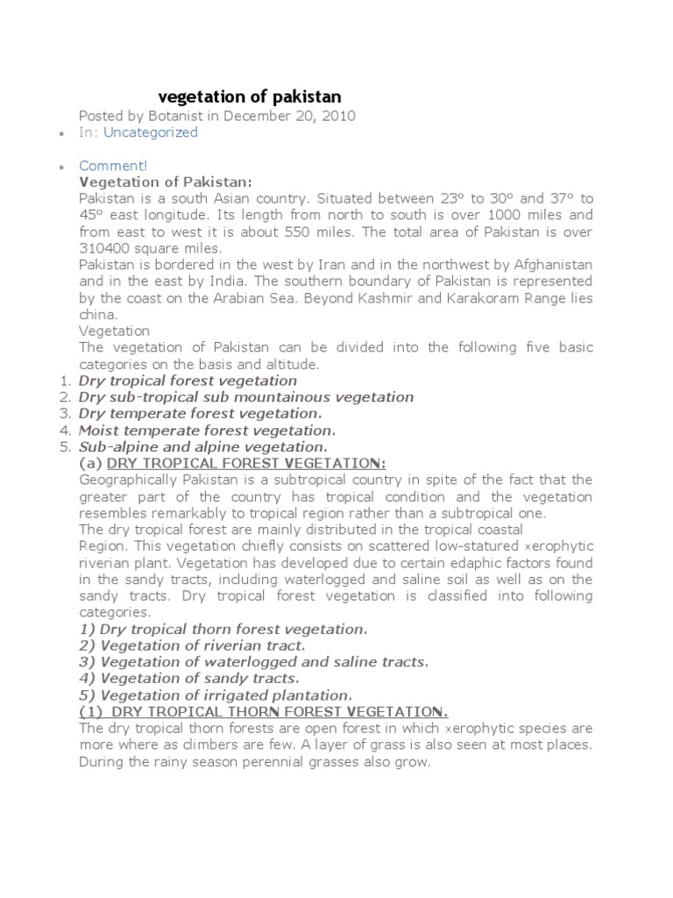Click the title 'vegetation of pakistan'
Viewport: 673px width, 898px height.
click(x=249, y=96)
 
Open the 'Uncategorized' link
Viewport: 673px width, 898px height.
click(x=151, y=132)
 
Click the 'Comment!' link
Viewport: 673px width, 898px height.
click(x=113, y=166)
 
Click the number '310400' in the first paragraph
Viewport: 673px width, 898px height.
click(x=103, y=248)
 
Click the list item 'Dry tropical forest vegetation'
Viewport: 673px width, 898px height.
click(x=188, y=381)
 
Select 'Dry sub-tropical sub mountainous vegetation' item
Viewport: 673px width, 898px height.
click(x=245, y=397)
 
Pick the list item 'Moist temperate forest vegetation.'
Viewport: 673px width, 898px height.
click(x=207, y=431)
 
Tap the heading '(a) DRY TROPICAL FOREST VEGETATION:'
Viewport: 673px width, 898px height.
click(x=232, y=463)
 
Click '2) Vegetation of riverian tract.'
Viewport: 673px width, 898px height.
click(x=193, y=645)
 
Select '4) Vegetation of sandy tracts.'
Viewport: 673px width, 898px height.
click(x=189, y=678)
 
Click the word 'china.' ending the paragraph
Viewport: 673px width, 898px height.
click(x=97, y=315)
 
